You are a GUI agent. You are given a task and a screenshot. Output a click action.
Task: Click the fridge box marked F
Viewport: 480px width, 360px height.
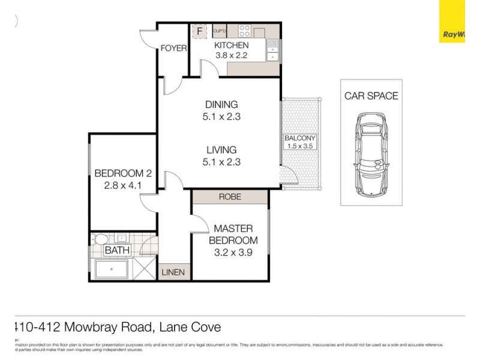click(197, 31)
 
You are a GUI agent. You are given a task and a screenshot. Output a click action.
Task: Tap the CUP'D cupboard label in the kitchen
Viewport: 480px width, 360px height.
click(219, 31)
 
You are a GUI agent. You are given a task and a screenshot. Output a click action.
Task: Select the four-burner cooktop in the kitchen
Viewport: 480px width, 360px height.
click(244, 31)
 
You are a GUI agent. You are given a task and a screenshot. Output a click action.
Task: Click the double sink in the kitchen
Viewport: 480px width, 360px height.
click(272, 49)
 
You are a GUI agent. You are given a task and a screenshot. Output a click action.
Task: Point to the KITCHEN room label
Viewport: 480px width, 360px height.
click(232, 46)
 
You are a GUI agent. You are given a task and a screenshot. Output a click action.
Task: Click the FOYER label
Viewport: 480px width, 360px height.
click(173, 49)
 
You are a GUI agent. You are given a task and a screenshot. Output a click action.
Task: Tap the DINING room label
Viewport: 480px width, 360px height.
click(221, 104)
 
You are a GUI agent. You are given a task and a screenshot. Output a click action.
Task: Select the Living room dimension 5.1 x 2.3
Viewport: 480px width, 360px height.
click(221, 161)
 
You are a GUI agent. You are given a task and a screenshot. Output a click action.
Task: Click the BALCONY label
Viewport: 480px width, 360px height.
click(300, 138)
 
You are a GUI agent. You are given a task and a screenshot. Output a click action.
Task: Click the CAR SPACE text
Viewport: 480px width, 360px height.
click(371, 96)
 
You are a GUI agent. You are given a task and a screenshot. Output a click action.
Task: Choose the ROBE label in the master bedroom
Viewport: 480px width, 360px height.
click(230, 197)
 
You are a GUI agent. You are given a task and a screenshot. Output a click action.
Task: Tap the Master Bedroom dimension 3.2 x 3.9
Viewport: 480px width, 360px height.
click(233, 253)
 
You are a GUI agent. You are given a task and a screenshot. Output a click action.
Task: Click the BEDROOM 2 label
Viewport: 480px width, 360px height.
click(123, 174)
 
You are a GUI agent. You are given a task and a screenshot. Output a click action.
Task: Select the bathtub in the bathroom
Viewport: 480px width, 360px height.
click(113, 269)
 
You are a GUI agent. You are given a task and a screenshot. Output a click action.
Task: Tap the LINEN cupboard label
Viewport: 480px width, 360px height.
click(174, 272)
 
